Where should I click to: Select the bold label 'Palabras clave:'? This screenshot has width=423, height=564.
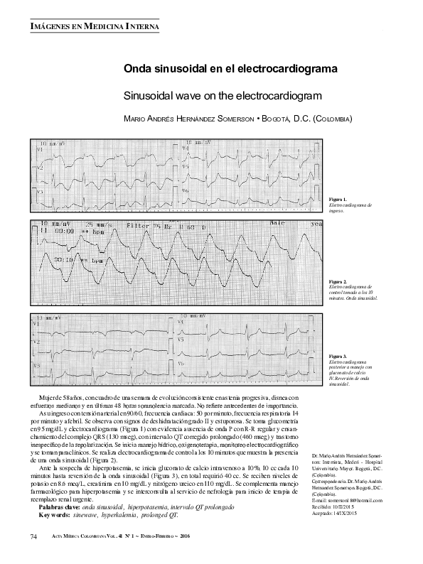tap(60, 489)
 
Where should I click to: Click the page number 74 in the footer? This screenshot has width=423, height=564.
tap(33, 535)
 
